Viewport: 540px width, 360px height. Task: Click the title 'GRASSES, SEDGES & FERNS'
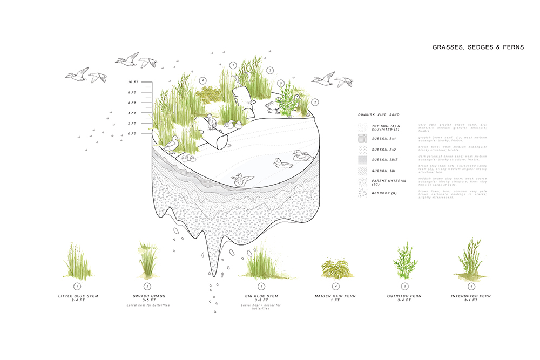click(x=478, y=47)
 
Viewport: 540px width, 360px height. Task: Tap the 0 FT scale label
click(x=133, y=133)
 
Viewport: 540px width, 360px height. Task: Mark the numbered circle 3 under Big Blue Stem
click(x=261, y=286)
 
